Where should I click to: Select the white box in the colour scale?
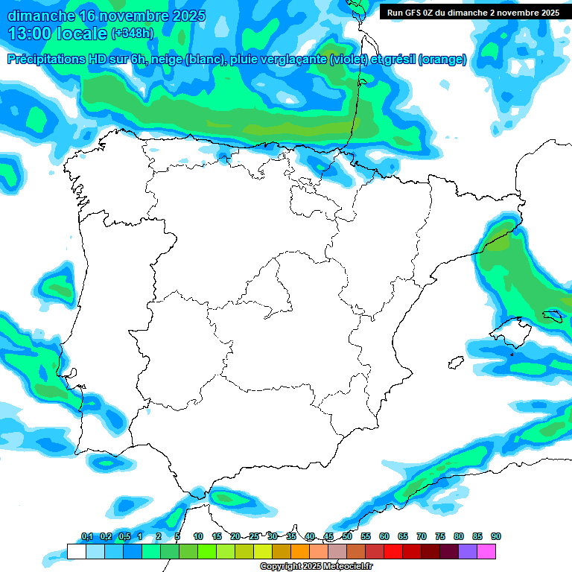coord(76,552)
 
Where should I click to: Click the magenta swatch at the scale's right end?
coord(486,552)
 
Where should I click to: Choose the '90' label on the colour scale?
coord(496,536)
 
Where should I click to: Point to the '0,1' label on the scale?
coord(87,536)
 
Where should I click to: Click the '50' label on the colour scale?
coord(347,536)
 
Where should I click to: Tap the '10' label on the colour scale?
coord(198,536)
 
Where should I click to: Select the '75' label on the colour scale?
coord(440,536)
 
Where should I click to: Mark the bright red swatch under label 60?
coord(393,552)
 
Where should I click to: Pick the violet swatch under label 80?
coord(468,552)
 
